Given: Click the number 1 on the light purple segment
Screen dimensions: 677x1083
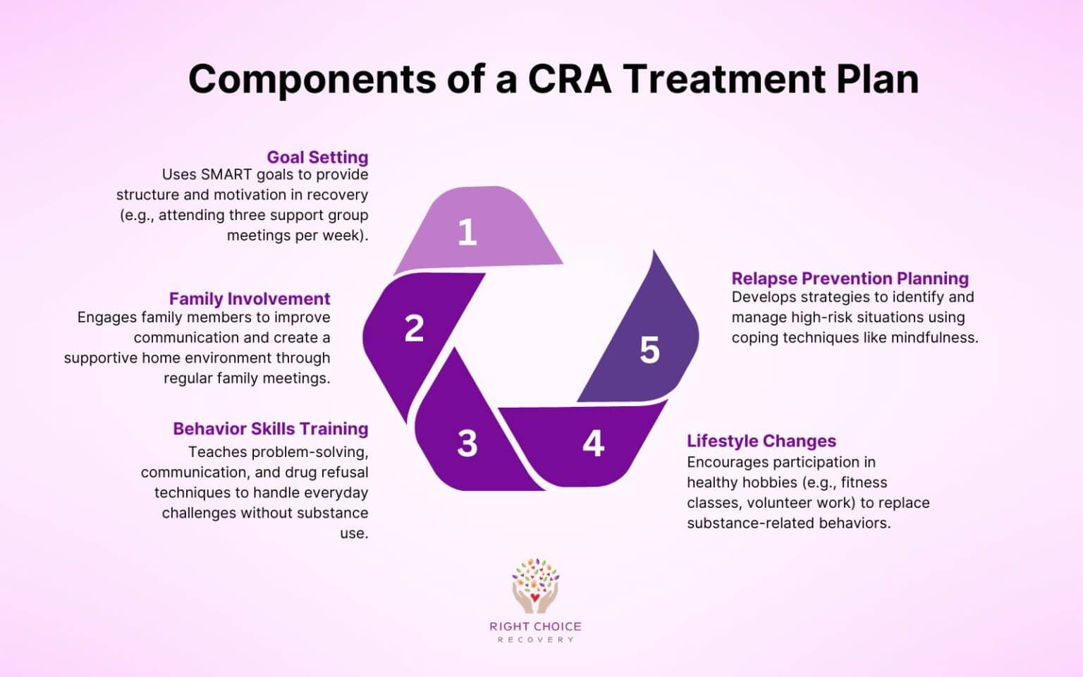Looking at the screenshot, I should point(467,232).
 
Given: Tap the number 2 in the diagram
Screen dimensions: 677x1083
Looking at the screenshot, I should point(414,329).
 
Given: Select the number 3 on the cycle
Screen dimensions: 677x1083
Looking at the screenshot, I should point(467,444).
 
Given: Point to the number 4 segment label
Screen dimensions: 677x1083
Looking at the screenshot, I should point(593,444).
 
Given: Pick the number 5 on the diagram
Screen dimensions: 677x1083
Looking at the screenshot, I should point(649,350).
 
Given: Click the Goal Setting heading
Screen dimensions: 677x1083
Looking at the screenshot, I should point(317,157).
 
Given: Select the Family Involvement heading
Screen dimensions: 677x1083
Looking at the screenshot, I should point(250,299).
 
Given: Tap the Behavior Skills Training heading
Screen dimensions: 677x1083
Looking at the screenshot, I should point(271,429).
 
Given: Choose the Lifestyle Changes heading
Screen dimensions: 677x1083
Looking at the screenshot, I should point(761,441).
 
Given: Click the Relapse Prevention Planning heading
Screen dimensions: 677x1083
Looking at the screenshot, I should point(850,279).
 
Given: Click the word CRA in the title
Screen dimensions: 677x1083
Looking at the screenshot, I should point(570,78).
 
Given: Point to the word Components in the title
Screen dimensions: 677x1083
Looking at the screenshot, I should point(312,78).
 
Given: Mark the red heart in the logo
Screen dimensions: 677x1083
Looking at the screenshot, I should point(535,599).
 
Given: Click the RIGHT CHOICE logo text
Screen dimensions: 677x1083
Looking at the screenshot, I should point(535,626).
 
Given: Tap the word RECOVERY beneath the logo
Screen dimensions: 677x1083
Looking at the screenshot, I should point(535,640).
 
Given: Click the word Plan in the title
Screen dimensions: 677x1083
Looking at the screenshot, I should point(877,78).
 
